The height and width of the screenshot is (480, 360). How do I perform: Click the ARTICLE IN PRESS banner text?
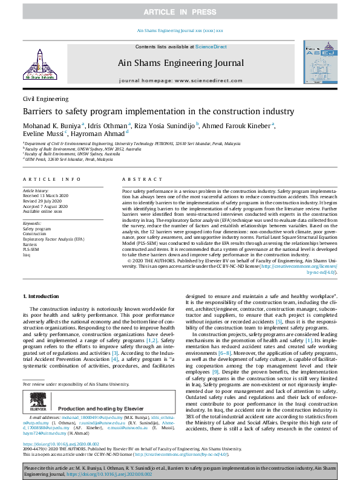tap(180, 12)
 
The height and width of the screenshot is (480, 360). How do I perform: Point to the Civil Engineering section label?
tap(45, 99)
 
